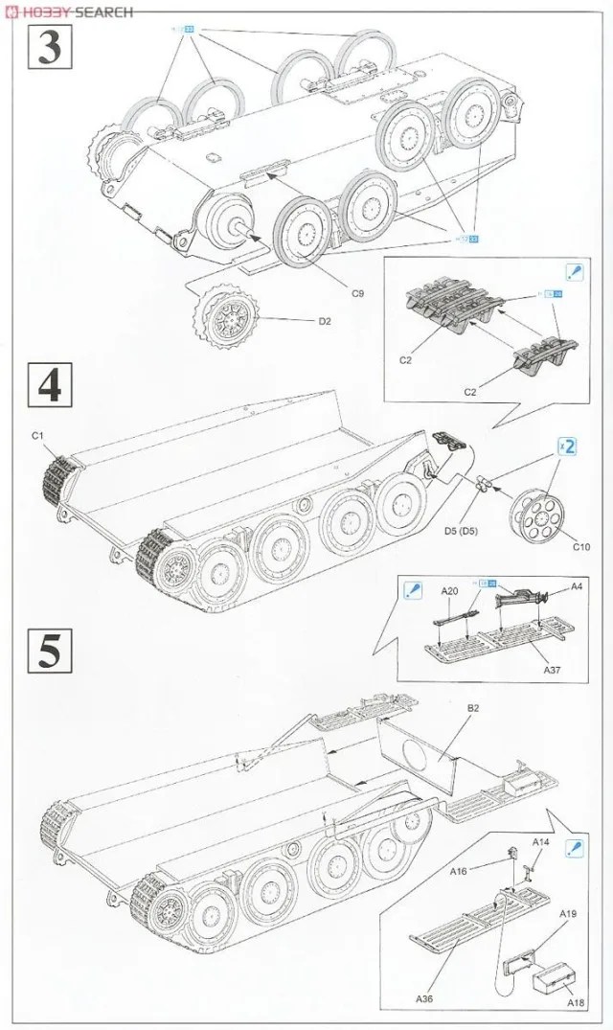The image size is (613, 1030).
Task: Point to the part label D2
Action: [325, 322]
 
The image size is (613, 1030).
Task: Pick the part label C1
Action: [38, 436]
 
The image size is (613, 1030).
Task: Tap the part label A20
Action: [450, 592]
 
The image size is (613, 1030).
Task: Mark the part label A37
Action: [552, 670]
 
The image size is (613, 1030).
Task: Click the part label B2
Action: [472, 709]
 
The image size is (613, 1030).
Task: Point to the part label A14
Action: [540, 841]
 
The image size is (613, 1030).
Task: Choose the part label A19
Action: [568, 914]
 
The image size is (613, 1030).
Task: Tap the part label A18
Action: [576, 1003]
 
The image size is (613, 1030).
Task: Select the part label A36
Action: [424, 998]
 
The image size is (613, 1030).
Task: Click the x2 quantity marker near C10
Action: [567, 446]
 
